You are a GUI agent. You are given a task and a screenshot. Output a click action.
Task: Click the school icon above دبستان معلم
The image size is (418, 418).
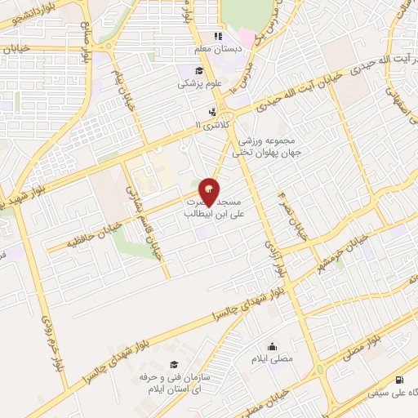217,36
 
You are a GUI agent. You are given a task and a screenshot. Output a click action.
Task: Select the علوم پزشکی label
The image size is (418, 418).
198,82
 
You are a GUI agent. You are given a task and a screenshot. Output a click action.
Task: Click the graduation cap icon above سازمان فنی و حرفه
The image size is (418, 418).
173,363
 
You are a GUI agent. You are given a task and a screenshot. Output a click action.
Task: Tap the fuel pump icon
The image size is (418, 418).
398,380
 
